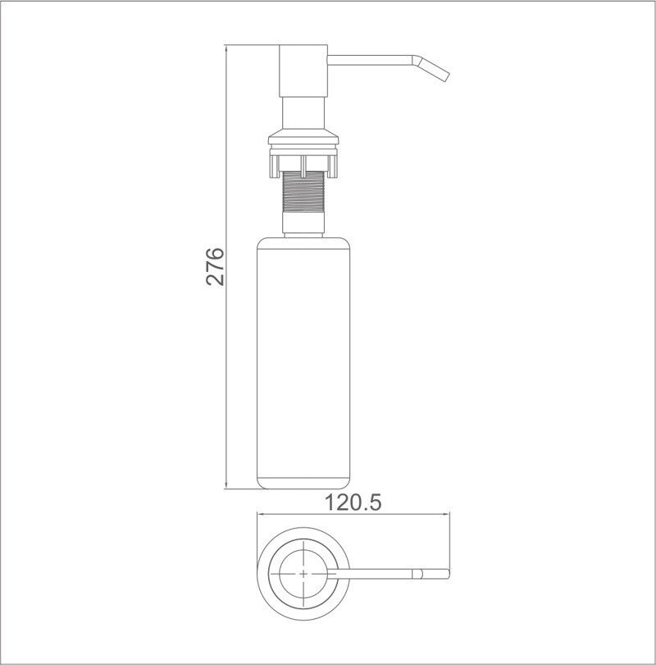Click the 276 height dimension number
[215, 265]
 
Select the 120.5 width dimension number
[353, 502]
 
